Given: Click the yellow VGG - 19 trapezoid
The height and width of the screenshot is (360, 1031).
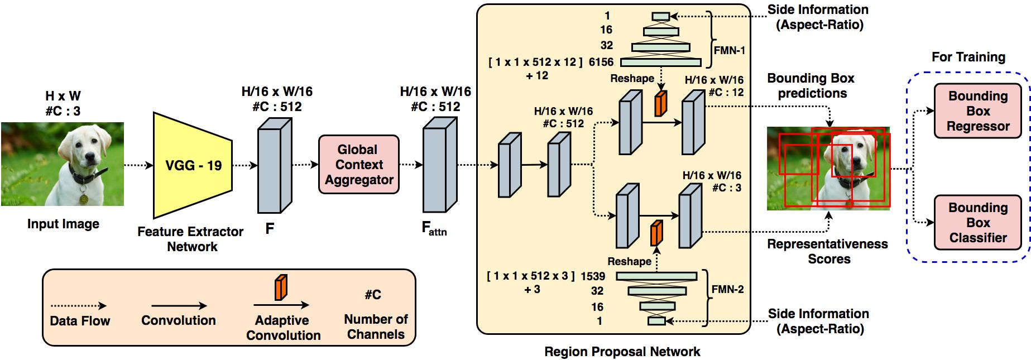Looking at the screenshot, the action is [x=193, y=165].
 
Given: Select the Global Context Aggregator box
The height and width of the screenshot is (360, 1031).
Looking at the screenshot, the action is [x=359, y=165].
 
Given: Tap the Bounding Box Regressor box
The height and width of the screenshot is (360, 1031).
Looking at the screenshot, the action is [x=978, y=111].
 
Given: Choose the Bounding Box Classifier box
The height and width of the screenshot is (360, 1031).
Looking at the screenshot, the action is [x=978, y=222].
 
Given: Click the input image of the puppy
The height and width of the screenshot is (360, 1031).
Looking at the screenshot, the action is [x=63, y=164].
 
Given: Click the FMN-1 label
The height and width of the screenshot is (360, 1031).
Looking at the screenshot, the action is [x=730, y=50].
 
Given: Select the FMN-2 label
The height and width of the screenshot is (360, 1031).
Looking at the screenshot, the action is [x=727, y=289].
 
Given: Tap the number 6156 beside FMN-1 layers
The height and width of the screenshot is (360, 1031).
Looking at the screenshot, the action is [x=601, y=62].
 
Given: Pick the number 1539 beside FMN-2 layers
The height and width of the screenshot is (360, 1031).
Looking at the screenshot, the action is [x=593, y=276].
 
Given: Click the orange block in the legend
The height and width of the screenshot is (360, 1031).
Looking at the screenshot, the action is [x=281, y=287].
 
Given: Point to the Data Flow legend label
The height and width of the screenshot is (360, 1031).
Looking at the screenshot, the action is [x=80, y=321].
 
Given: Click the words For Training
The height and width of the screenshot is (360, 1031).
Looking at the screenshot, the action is [x=968, y=57].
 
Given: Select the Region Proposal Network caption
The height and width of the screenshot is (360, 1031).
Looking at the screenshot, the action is [x=622, y=352].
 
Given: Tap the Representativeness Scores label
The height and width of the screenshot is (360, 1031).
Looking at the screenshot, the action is [x=827, y=251].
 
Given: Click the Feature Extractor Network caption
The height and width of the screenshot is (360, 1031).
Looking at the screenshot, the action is [x=190, y=239].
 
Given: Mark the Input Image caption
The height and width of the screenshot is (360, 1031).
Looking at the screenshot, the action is [x=63, y=224].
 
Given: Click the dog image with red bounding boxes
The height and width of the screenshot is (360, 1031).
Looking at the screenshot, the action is [x=828, y=168].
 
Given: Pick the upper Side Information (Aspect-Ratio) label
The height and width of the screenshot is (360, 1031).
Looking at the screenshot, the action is [x=818, y=17].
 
